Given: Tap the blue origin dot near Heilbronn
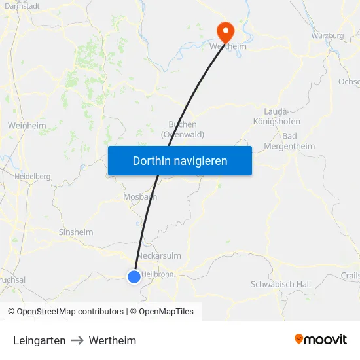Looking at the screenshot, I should point(134,277).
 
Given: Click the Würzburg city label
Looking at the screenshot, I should point(327,35).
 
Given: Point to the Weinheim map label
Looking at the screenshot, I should point(26,125).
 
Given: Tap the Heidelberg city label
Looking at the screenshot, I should point(32,176).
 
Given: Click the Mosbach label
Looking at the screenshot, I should point(140,196).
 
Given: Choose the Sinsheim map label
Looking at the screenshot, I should point(76,232).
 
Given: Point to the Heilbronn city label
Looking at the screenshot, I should point(158,274).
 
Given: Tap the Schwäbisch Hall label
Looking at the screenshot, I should point(281,284).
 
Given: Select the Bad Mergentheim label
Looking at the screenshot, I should point(289,141).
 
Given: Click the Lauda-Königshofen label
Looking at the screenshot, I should point(276,117).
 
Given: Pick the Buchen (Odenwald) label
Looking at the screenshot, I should point(183,129).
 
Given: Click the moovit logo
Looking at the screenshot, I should point(320,340).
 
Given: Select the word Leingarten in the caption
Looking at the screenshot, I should point(39,340).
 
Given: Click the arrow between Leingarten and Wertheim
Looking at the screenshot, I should point(77,340).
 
